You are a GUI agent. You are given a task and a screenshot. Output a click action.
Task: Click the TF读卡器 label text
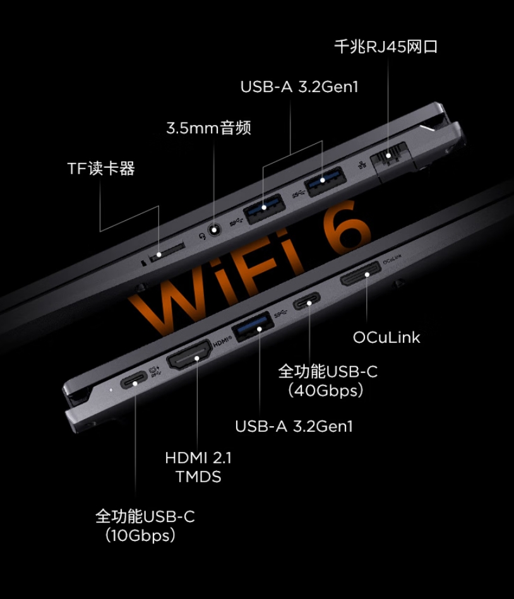(101, 169)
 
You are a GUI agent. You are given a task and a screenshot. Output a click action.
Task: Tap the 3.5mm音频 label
(208, 128)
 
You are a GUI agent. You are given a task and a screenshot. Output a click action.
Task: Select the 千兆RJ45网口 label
(386, 47)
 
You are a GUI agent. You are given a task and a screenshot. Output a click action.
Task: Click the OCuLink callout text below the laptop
(386, 337)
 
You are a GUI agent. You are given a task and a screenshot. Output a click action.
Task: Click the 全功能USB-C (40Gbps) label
(328, 381)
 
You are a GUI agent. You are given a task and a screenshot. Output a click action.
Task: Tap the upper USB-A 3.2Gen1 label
(299, 86)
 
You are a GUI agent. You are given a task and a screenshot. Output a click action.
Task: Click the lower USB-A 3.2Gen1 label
(294, 426)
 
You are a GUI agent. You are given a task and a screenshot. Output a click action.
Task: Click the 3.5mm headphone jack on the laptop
(215, 230)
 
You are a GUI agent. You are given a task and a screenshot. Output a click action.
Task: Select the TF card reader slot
(167, 251)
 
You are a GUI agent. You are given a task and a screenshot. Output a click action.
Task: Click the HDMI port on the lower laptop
(189, 355)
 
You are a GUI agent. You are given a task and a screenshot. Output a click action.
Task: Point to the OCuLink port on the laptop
(361, 274)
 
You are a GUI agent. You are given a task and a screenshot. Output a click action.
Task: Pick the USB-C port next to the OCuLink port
(306, 300)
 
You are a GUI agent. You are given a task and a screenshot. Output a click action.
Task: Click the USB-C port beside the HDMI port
(134, 380)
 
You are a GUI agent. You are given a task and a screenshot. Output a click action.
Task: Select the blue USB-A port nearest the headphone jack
(265, 208)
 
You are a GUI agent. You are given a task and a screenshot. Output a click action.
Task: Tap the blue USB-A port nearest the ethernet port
(325, 181)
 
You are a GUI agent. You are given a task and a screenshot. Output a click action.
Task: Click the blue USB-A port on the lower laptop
(253, 326)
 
